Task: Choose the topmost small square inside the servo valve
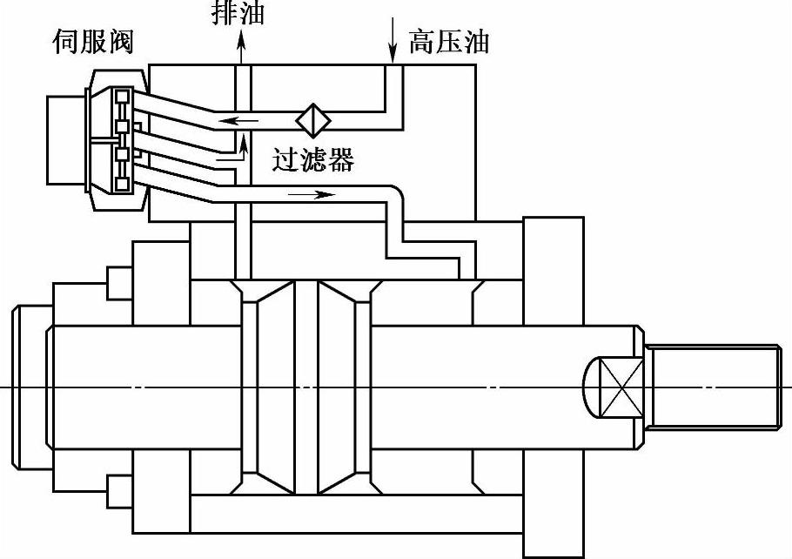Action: point(123,94)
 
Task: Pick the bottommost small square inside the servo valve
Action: point(123,184)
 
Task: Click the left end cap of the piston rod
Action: point(30,386)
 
